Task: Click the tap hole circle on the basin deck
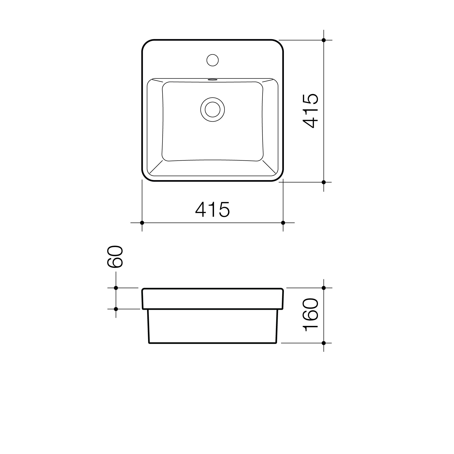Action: [x=212, y=60]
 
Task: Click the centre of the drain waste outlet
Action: [x=212, y=109]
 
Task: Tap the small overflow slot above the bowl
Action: [x=212, y=80]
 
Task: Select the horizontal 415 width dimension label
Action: [x=212, y=209]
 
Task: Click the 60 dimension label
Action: [x=115, y=257]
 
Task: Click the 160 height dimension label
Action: [x=311, y=315]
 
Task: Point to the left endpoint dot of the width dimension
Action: [x=142, y=223]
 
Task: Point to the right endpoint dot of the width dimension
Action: [x=283, y=223]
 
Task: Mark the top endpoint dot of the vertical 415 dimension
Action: [x=324, y=40]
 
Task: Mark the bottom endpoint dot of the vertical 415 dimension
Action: [x=324, y=182]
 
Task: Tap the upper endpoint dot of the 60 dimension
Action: [x=116, y=288]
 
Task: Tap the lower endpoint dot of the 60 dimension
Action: [x=116, y=309]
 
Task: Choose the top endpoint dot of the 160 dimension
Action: [x=324, y=288]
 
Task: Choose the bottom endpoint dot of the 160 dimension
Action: [x=324, y=343]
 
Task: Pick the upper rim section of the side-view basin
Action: [x=212, y=298]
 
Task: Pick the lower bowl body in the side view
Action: [x=212, y=326]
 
